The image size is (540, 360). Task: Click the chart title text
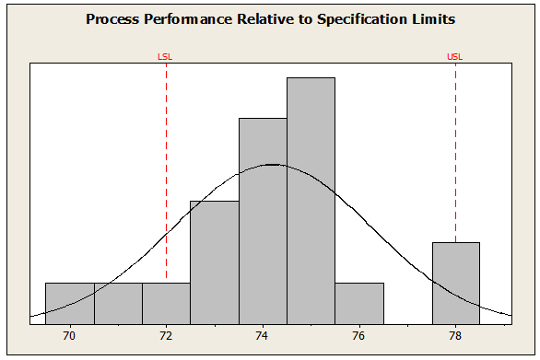tap(270, 18)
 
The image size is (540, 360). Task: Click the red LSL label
tap(166, 56)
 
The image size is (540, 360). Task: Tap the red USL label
tap(455, 56)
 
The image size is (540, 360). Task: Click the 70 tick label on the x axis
tap(69, 335)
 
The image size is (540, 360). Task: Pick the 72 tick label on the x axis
tap(166, 335)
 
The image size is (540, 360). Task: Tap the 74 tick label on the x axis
tap(263, 335)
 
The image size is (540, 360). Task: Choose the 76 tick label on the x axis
tap(359, 335)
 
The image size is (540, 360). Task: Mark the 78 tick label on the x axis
tap(455, 335)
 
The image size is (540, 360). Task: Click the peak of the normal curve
tap(273, 165)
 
